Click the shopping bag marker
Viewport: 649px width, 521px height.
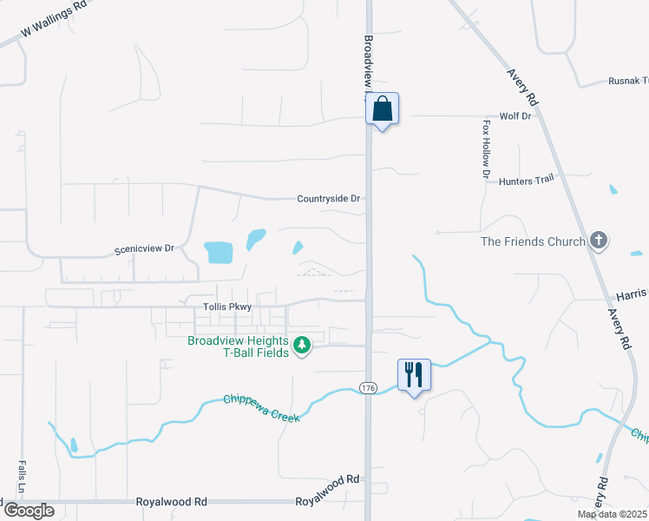pos(383,110)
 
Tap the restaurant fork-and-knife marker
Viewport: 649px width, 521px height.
pos(414,375)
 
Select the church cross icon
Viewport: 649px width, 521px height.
pos(598,241)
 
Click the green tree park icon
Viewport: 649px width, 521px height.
pos(301,346)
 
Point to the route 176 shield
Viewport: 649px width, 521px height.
pos(368,387)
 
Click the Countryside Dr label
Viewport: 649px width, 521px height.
pos(328,199)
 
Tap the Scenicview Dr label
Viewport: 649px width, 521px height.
pos(145,249)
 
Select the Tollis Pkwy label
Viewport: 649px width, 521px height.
pos(226,307)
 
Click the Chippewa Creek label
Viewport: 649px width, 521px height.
pos(262,409)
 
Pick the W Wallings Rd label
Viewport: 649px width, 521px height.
pos(55,18)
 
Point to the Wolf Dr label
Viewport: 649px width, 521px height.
pos(515,116)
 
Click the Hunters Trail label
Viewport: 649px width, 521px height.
pos(526,180)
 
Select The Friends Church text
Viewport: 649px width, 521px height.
pos(533,241)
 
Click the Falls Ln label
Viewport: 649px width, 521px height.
pos(19,477)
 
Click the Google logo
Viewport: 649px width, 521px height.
pos(28,511)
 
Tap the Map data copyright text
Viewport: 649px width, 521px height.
pos(612,514)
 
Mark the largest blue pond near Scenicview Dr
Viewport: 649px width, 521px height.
pos(219,253)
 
